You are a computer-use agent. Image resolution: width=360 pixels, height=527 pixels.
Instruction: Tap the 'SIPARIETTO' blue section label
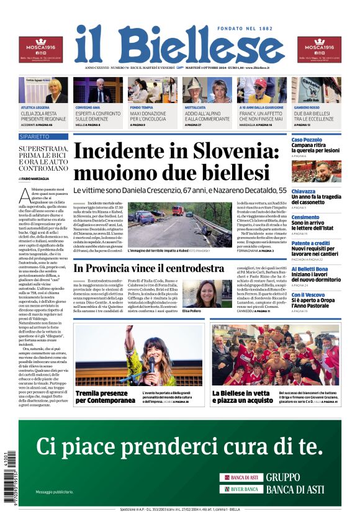[34, 136]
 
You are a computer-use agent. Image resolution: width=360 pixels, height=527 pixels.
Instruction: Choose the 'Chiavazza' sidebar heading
[304, 192]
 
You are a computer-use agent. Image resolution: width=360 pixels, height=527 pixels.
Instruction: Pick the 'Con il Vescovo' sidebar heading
[307, 295]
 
